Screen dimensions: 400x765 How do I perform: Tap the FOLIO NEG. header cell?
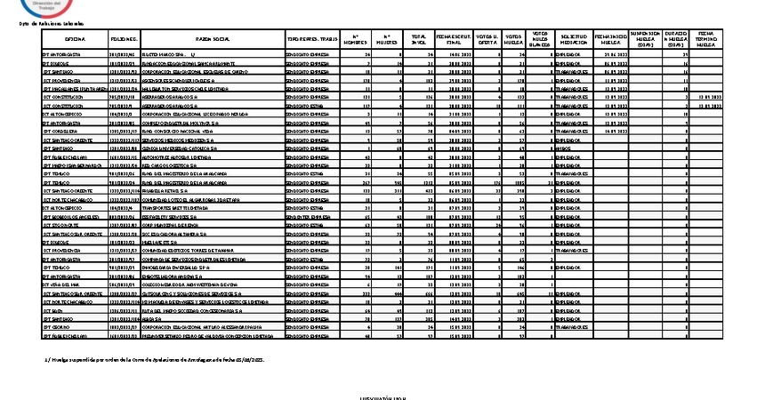[124, 40]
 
